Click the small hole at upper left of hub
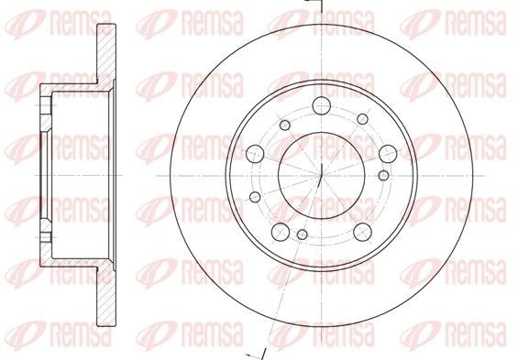pos(285,125)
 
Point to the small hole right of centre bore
pos(382,174)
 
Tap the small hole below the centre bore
pos(302,236)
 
